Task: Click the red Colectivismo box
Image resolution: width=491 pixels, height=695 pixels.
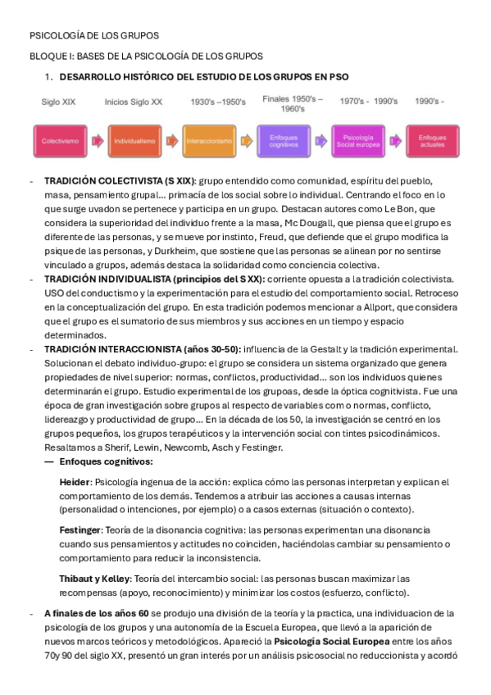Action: [x=61, y=141]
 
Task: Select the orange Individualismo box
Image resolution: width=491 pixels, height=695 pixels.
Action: [x=134, y=141]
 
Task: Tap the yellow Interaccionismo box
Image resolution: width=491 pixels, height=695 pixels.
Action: [x=209, y=141]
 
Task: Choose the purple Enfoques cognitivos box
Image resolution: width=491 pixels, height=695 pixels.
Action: [x=284, y=141]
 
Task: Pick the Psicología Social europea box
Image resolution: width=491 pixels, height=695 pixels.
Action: [x=358, y=141]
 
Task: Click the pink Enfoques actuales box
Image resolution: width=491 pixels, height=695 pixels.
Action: [x=432, y=141]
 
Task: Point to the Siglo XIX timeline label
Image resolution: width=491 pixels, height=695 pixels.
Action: [x=60, y=102]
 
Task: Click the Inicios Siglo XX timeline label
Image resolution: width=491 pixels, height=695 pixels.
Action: [x=134, y=102]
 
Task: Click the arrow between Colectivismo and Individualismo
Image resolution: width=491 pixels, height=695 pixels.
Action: [x=98, y=141]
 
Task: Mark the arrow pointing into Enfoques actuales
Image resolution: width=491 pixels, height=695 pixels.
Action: [x=395, y=141]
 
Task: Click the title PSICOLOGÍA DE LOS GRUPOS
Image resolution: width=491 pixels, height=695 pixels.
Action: [x=94, y=36]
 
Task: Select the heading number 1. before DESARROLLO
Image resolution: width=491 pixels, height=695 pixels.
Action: [x=49, y=76]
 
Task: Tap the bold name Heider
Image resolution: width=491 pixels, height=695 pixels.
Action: [x=75, y=482]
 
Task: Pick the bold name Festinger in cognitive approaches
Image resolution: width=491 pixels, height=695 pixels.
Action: [x=80, y=530]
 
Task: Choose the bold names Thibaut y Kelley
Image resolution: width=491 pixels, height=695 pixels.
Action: [x=93, y=579]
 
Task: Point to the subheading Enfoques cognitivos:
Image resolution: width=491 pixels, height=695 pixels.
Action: [x=106, y=461]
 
